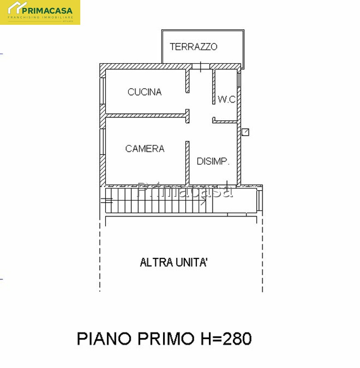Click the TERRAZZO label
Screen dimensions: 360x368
[x=194, y=47]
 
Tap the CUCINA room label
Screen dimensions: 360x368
[x=145, y=92]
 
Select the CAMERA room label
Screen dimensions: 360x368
[x=145, y=148]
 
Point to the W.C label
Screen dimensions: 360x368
[x=226, y=99]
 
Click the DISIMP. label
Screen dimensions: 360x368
[x=213, y=161]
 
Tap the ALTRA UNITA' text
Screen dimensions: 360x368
[x=173, y=262]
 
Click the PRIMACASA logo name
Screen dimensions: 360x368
[x=47, y=11]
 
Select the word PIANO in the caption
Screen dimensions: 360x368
[x=104, y=338]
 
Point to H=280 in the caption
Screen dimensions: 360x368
[x=226, y=338]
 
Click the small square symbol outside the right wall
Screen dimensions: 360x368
[x=245, y=132]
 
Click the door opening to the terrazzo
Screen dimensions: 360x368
[x=201, y=67]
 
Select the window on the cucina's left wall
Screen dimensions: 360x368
[x=103, y=91]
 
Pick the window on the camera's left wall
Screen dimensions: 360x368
[x=103, y=141]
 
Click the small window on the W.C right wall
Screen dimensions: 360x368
[x=239, y=80]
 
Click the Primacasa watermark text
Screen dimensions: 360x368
[x=185, y=190]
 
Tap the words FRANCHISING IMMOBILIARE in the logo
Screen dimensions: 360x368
[x=41, y=17]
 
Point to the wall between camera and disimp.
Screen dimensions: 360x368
[x=187, y=162]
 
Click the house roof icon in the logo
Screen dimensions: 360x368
[x=17, y=7]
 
